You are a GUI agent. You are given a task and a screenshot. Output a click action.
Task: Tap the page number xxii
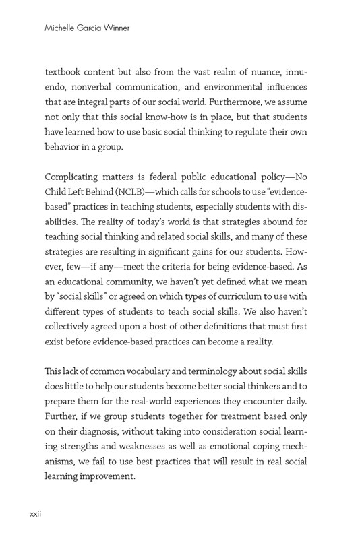pos(36,514)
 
